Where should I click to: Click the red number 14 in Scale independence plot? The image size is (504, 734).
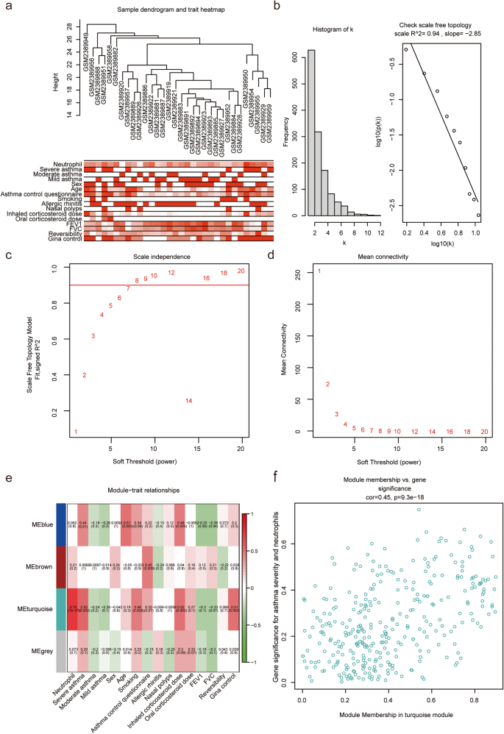point(189,401)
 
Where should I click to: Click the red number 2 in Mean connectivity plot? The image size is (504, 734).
point(327,384)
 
